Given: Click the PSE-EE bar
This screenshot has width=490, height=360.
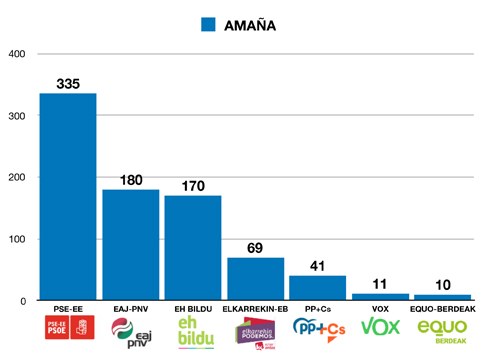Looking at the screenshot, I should (x=68, y=197).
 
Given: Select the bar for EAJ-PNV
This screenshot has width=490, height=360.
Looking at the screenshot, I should (x=131, y=245).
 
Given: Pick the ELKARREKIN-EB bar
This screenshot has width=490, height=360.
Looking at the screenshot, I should (x=256, y=279).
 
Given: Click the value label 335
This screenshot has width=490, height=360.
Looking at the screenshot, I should (x=68, y=82).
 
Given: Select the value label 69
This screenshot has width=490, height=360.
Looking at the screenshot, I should (x=256, y=247).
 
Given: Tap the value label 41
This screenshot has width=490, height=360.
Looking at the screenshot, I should (x=318, y=264).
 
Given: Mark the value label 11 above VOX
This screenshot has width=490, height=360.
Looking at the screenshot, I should (x=380, y=283).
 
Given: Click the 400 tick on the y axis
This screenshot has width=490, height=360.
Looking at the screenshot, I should (x=16, y=54).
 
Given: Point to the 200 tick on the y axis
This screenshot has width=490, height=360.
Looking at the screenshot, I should (x=16, y=178).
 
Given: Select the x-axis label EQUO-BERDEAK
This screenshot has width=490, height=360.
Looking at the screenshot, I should (x=443, y=309).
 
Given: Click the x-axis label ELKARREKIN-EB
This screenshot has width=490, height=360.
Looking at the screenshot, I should (x=256, y=309).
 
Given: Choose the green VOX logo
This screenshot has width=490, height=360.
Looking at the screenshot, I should (x=380, y=327).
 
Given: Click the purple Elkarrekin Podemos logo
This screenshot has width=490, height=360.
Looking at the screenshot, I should (x=256, y=330).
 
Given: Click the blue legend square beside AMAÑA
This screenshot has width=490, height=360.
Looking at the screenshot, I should (x=208, y=25).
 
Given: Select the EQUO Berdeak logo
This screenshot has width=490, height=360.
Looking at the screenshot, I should (x=443, y=330).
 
